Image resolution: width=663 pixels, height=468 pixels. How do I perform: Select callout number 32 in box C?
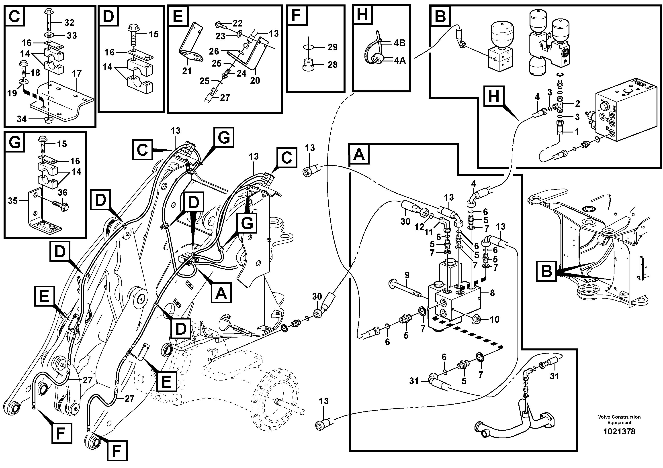(x=69, y=22)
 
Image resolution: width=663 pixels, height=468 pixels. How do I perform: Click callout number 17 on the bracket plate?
(x=77, y=73)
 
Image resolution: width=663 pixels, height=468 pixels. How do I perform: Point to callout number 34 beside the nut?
(x=21, y=119)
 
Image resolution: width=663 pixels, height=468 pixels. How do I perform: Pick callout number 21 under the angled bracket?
(x=187, y=71)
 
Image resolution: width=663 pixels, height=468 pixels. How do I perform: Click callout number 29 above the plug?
(x=332, y=47)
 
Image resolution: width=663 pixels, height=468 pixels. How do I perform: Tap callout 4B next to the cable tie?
(x=400, y=43)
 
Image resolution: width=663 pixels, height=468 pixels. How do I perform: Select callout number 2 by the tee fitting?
(x=577, y=103)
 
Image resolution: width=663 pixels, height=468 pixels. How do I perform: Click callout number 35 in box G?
(x=13, y=201)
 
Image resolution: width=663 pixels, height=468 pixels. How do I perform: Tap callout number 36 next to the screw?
(x=62, y=192)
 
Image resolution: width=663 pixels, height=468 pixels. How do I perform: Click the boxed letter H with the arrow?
(x=494, y=96)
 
